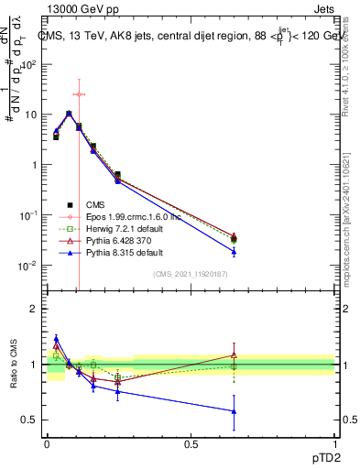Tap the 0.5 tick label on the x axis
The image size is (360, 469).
pyautogui.click(x=191, y=443)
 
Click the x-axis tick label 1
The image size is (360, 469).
pyautogui.click(x=335, y=443)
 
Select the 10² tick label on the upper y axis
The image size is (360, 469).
pyautogui.click(x=28, y=64)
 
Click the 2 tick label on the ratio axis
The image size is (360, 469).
pyautogui.click(x=33, y=309)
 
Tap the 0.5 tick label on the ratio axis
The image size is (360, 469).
pyautogui.click(x=29, y=420)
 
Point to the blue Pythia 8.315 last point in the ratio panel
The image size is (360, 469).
pyautogui.click(x=235, y=411)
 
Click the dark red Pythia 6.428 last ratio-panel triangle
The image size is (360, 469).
pyautogui.click(x=235, y=354)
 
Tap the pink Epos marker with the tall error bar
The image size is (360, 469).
pyautogui.click(x=80, y=94)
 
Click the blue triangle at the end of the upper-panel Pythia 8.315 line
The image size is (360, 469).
pyautogui.click(x=235, y=251)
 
